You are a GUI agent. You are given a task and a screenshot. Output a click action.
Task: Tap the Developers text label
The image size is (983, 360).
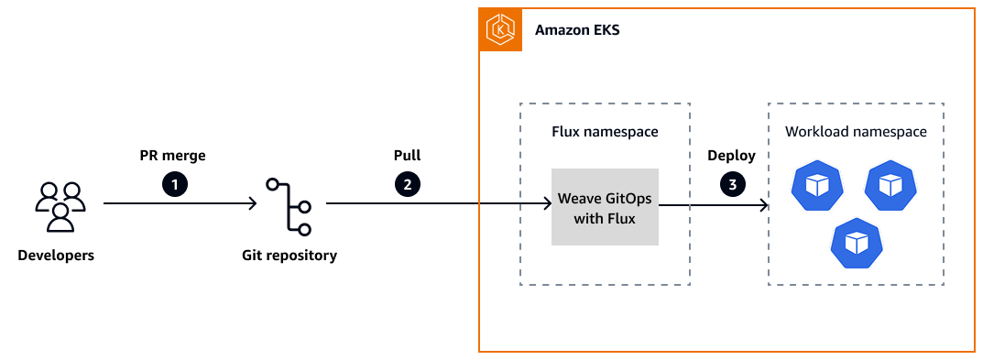[56, 256]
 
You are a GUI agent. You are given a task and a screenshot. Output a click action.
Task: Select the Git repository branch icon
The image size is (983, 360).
[289, 206]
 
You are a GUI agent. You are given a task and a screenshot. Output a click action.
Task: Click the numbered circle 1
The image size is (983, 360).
[175, 184]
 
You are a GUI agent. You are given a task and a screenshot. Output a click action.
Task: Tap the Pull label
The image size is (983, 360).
[407, 156]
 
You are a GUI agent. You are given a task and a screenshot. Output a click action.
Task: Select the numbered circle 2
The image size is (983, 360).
[407, 184]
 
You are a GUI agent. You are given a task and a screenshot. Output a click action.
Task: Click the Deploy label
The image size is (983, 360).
[731, 156]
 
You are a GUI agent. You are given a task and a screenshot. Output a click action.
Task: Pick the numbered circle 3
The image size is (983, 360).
[732, 184]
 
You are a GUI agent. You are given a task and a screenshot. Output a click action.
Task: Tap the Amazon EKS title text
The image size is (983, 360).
[577, 30]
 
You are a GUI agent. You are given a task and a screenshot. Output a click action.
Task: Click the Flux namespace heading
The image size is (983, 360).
[605, 132]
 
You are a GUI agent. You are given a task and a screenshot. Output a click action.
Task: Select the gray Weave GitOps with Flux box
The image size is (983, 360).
[605, 207]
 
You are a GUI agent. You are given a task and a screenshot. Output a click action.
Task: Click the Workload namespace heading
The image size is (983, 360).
[856, 132]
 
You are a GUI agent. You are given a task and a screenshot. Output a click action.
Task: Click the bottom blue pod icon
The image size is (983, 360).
[855, 243]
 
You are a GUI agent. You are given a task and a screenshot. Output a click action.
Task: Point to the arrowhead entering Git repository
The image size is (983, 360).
[252, 204]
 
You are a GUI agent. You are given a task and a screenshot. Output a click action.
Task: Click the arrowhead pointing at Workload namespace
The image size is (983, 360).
[762, 206]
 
